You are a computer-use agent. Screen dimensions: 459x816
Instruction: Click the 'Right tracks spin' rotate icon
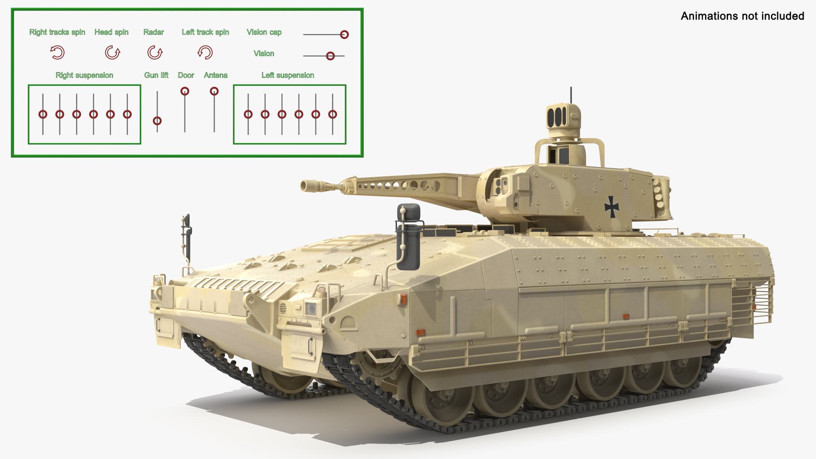[57, 53]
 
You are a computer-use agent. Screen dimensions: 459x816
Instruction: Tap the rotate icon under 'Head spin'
[112, 53]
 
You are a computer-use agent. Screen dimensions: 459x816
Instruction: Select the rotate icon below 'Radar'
[155, 53]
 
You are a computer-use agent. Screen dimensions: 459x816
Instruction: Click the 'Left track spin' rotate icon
[205, 53]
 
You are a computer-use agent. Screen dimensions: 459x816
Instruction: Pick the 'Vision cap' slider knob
[344, 34]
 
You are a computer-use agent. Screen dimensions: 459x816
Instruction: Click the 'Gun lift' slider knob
[157, 121]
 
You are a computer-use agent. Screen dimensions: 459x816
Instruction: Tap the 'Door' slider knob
[185, 91]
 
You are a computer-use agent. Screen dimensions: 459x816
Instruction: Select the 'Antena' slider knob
[214, 91]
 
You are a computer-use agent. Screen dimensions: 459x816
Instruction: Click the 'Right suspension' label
[84, 75]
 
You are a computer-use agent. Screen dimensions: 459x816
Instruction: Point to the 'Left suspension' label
[288, 75]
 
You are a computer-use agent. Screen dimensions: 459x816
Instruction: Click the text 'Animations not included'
[742, 16]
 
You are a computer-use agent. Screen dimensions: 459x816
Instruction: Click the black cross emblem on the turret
[612, 207]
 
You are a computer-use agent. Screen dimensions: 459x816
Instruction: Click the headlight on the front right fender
[312, 308]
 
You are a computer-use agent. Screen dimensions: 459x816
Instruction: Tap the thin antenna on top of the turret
[571, 95]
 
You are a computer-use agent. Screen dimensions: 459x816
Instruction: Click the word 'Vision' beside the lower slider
[263, 54]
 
